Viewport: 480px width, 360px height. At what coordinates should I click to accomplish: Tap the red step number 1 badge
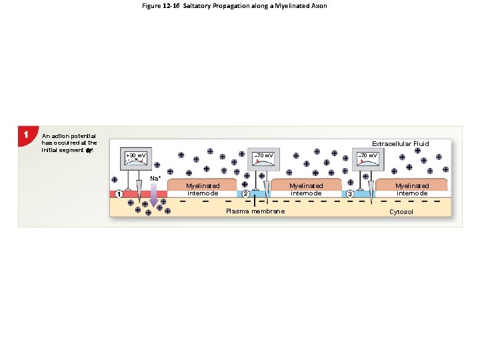(x=25, y=135)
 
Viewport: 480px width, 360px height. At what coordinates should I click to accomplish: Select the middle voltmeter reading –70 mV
(x=264, y=157)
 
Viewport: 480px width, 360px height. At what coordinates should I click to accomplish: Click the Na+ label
(x=155, y=178)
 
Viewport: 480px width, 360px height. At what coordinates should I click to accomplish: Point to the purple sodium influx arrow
(x=154, y=195)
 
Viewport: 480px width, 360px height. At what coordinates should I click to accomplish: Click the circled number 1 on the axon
(x=119, y=194)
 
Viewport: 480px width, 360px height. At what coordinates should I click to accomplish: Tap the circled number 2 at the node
(x=245, y=194)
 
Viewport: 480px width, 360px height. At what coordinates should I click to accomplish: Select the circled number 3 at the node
(x=349, y=194)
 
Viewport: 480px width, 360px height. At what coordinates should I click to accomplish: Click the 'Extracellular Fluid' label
(x=400, y=143)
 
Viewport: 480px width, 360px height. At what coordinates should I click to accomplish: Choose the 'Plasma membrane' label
(x=255, y=211)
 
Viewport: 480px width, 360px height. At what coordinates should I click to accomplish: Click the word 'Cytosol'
(x=401, y=211)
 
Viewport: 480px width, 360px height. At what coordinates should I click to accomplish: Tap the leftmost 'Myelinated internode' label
(x=203, y=189)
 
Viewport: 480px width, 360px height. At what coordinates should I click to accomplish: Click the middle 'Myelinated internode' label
(x=306, y=189)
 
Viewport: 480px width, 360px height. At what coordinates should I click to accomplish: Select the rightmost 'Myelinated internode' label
(x=411, y=189)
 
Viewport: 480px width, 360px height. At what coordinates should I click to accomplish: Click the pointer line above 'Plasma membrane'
(x=255, y=201)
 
